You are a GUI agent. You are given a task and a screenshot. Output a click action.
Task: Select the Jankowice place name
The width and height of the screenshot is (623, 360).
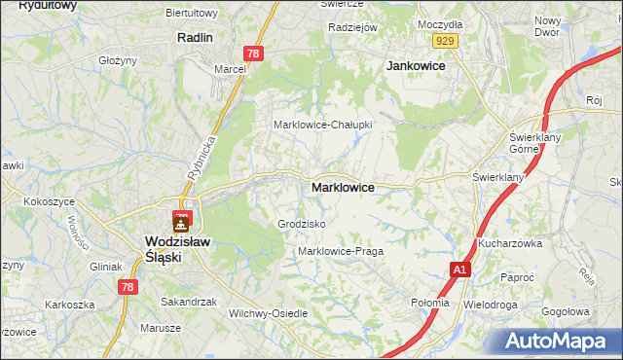coord(416,65)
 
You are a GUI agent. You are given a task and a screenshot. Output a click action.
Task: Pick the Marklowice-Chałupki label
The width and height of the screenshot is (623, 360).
coord(322,125)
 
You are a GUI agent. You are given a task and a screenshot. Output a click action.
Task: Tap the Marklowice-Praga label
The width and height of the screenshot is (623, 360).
coord(340,251)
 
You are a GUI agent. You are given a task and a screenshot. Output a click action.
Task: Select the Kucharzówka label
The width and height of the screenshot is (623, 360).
coord(509,243)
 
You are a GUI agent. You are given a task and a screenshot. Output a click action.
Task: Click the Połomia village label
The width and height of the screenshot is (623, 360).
coord(430,303)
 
